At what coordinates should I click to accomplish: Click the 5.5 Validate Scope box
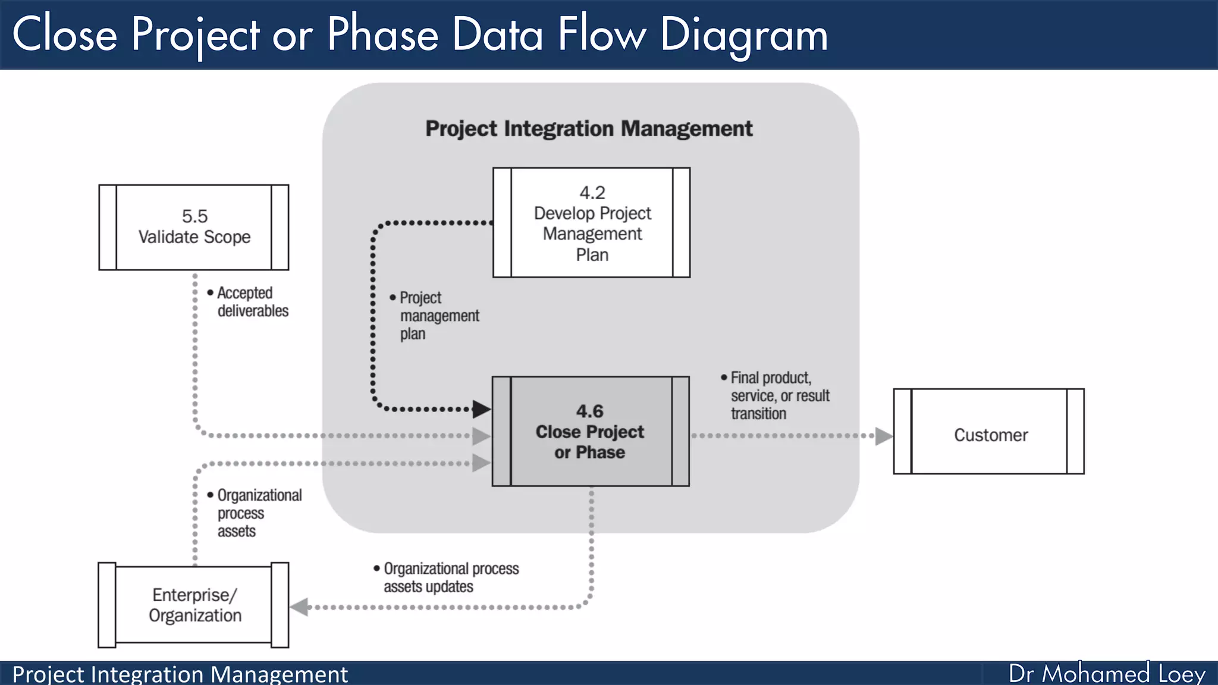point(194,227)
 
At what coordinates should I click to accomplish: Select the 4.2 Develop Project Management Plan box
point(591,223)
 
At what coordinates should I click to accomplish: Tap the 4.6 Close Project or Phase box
point(590,432)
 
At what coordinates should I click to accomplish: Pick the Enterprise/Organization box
point(194,605)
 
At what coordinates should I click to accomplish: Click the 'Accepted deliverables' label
point(249,302)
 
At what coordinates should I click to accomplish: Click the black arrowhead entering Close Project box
point(481,409)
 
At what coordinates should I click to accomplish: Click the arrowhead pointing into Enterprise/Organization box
point(299,607)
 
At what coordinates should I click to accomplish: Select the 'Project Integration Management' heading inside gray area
point(589,129)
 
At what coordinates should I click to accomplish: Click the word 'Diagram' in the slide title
point(744,34)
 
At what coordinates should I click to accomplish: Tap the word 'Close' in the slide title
point(65,34)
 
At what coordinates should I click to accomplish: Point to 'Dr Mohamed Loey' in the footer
point(1107,674)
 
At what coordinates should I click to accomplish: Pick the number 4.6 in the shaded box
point(589,411)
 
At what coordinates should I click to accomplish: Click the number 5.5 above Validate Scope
point(194,216)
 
